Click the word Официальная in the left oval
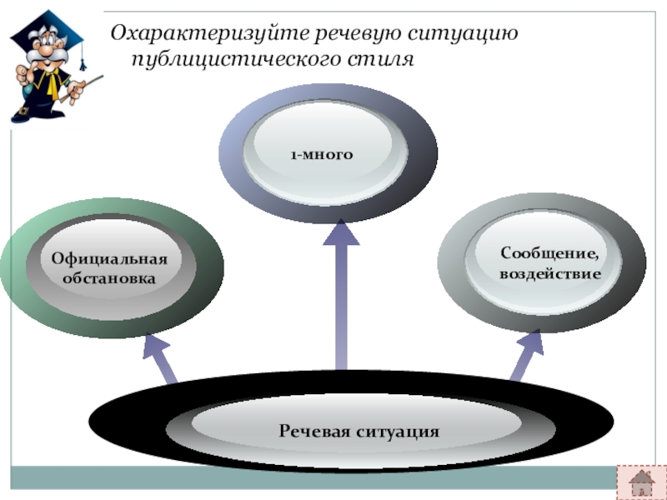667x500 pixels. (x=109, y=259)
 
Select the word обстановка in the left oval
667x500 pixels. (x=109, y=277)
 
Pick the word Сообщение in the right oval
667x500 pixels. (x=549, y=253)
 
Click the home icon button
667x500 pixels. (x=641, y=481)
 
